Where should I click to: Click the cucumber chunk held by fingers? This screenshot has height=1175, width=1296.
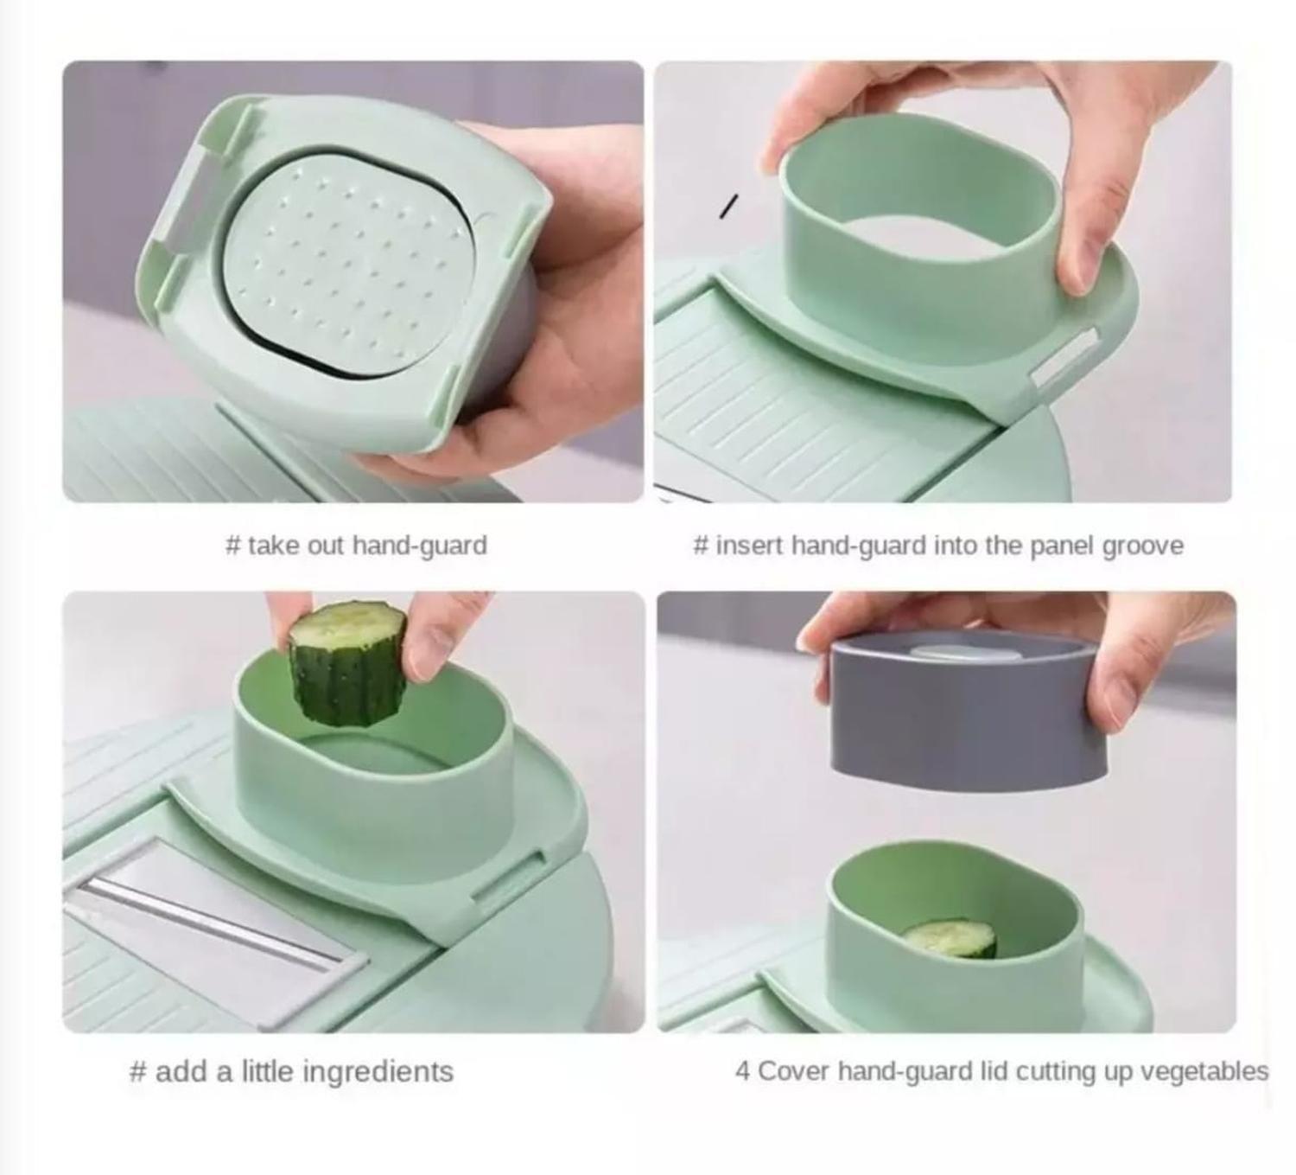click(x=347, y=664)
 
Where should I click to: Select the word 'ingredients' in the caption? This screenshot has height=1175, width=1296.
click(x=378, y=1072)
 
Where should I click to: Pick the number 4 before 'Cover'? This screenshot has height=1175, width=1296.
click(x=743, y=1071)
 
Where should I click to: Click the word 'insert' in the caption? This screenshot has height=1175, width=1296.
click(x=750, y=546)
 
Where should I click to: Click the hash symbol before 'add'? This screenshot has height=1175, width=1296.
click(x=138, y=1072)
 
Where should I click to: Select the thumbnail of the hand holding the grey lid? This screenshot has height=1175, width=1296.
click(x=946, y=811)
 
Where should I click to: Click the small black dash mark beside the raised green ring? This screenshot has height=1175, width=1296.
click(x=728, y=206)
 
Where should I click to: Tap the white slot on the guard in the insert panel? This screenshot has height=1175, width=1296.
click(x=1064, y=358)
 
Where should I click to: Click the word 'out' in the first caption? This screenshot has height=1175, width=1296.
click(x=327, y=546)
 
